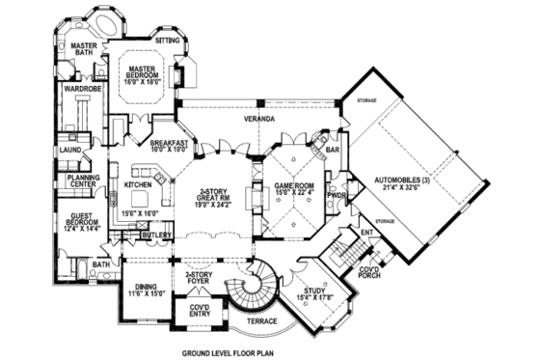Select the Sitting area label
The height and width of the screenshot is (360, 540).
(168, 41)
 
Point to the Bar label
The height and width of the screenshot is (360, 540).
(335, 150)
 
